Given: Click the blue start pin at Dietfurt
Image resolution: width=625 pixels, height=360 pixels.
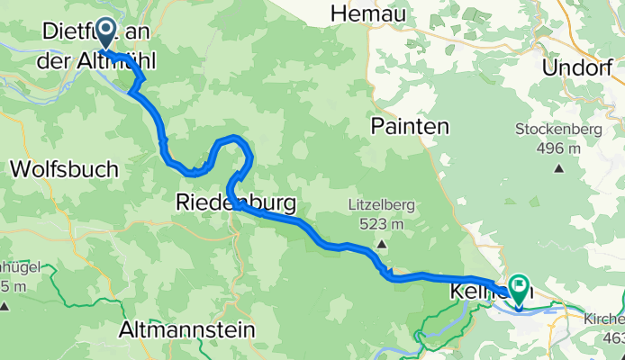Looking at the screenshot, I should pyautogui.click(x=104, y=33).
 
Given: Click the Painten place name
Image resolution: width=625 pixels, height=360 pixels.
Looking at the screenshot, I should pyautogui.click(x=410, y=128).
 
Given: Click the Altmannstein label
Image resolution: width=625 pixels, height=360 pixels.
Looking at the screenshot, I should pyautogui.click(x=187, y=331).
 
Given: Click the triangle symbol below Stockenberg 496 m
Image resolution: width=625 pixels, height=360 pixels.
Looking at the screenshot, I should pyautogui.click(x=560, y=166).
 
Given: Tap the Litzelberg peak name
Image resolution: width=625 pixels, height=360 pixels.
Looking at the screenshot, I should pyautogui.click(x=381, y=205).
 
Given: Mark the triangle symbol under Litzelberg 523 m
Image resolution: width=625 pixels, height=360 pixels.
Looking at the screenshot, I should pyautogui.click(x=382, y=243).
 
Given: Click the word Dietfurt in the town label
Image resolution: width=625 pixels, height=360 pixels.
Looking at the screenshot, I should pyautogui.click(x=76, y=31).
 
